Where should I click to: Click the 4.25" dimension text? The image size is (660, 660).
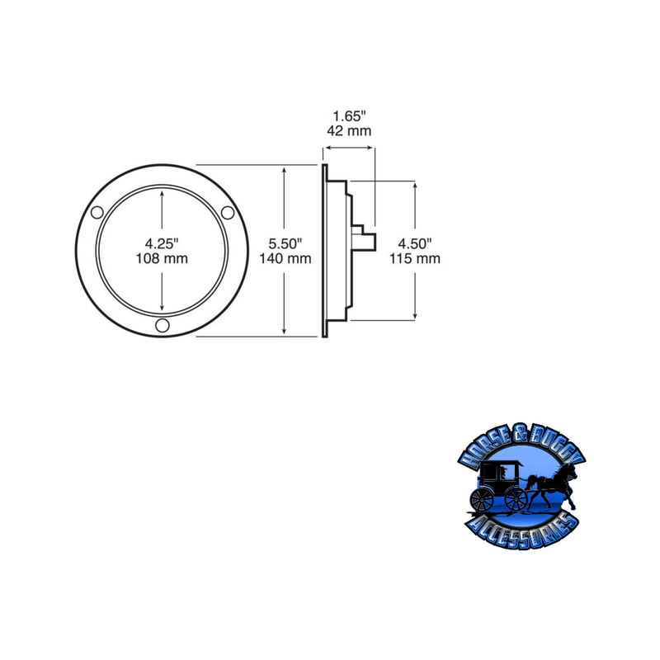pos(162,243)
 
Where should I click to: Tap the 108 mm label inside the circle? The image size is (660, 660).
pos(162,258)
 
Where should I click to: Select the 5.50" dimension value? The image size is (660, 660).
pos(285,243)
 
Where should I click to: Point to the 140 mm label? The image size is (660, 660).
pos(285,258)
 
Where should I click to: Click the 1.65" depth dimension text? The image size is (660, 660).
pos(349,115)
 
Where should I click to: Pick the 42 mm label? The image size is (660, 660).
pos(349,130)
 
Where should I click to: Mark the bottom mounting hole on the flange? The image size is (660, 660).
pos(162,326)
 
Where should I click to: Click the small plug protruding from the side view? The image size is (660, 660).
pos(369,241)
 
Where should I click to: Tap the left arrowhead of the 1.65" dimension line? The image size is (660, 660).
pos(327,148)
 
